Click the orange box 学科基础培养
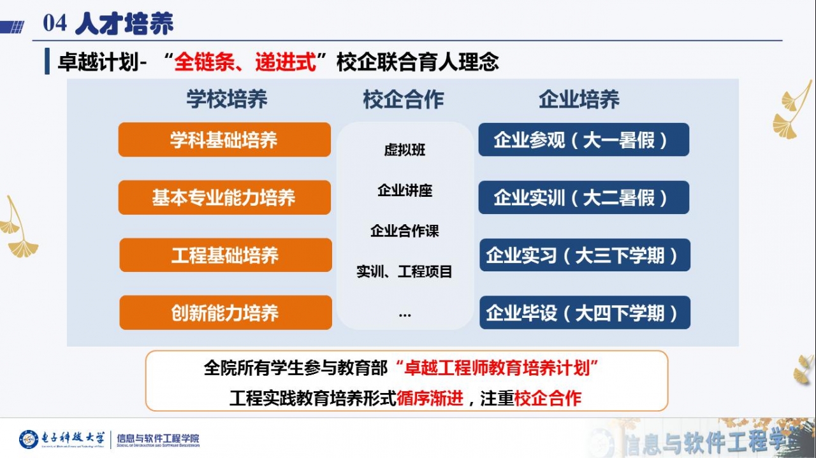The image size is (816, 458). pyautogui.click(x=224, y=140)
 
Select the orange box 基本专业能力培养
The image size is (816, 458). pyautogui.click(x=224, y=197)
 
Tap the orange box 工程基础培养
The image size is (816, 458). pyautogui.click(x=225, y=255)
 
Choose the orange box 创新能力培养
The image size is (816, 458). pyautogui.click(x=225, y=313)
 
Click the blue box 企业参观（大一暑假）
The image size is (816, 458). pyautogui.click(x=583, y=140)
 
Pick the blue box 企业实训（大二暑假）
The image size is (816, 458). pyautogui.click(x=583, y=197)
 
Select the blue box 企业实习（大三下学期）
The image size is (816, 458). pyautogui.click(x=585, y=255)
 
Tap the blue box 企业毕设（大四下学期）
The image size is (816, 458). pyautogui.click(x=585, y=313)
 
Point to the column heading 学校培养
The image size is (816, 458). pyautogui.click(x=227, y=99)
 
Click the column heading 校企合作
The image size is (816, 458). pyautogui.click(x=404, y=99)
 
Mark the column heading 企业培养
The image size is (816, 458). pyautogui.click(x=579, y=99)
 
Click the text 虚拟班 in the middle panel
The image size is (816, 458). pyautogui.click(x=405, y=150)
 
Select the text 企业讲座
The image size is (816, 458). pyautogui.click(x=405, y=190)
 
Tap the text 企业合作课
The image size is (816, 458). pyautogui.click(x=405, y=231)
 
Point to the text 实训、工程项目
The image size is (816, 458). pyautogui.click(x=405, y=272)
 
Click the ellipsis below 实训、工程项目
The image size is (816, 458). pyautogui.click(x=405, y=313)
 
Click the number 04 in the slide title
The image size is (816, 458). pyautogui.click(x=55, y=24)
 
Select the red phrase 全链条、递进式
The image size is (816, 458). pyautogui.click(x=245, y=62)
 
